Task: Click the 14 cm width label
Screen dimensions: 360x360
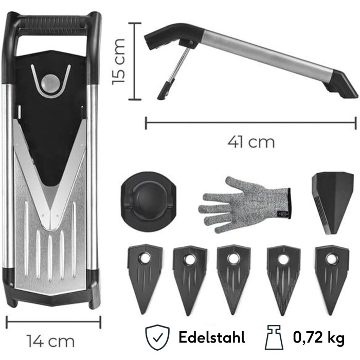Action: click(51, 341)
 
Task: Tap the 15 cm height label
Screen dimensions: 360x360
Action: click(119, 62)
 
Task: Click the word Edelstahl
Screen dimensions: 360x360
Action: click(212, 337)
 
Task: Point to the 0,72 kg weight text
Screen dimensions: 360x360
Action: click(319, 338)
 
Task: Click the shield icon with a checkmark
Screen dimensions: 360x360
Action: click(157, 337)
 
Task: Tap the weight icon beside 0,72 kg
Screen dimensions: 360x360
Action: click(274, 337)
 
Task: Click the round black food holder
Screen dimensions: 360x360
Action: click(148, 200)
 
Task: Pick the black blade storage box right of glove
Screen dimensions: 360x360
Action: click(332, 203)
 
